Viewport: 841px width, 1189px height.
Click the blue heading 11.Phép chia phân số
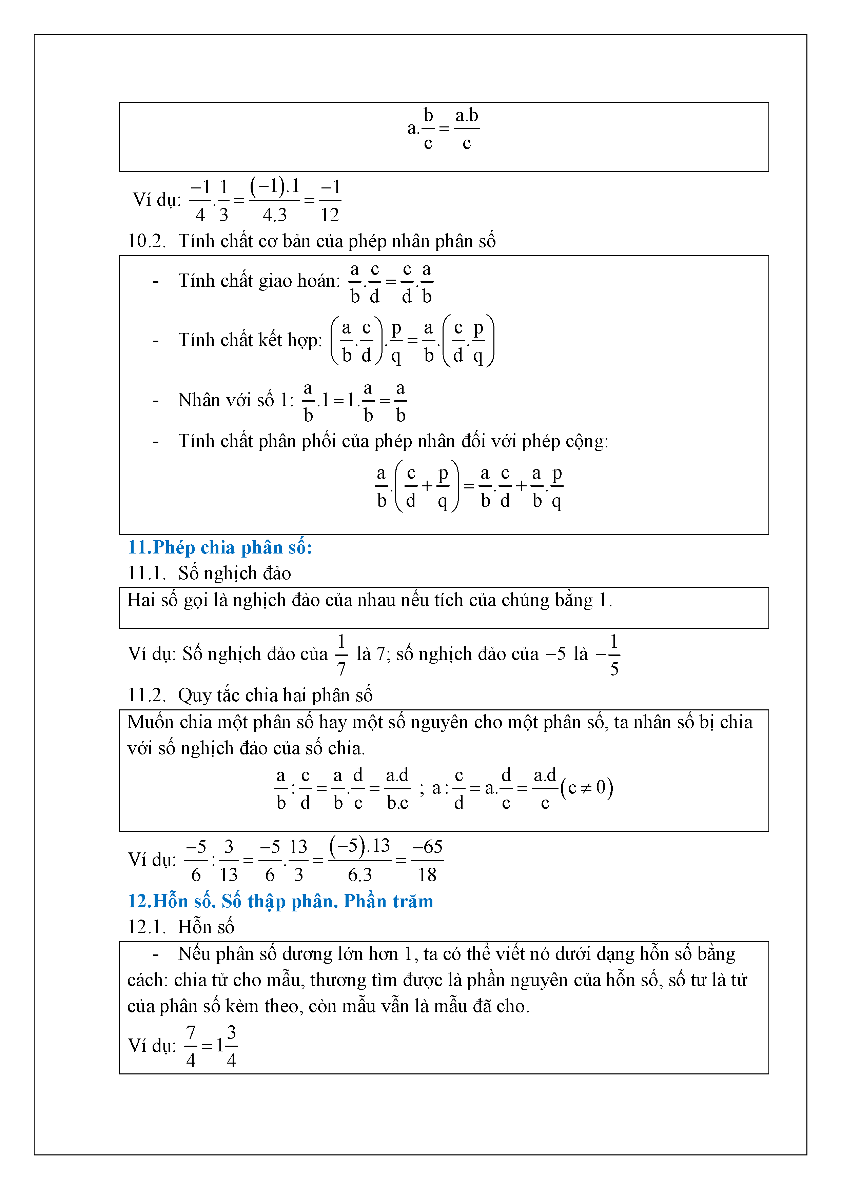click(220, 548)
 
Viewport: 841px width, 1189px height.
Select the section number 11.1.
click(146, 573)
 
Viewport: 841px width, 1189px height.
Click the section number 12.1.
click(146, 927)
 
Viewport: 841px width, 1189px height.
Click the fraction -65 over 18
click(428, 861)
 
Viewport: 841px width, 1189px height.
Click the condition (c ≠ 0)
click(587, 788)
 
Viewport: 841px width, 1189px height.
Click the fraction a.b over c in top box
click(466, 128)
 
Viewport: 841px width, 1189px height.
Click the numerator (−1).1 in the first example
click(275, 186)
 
